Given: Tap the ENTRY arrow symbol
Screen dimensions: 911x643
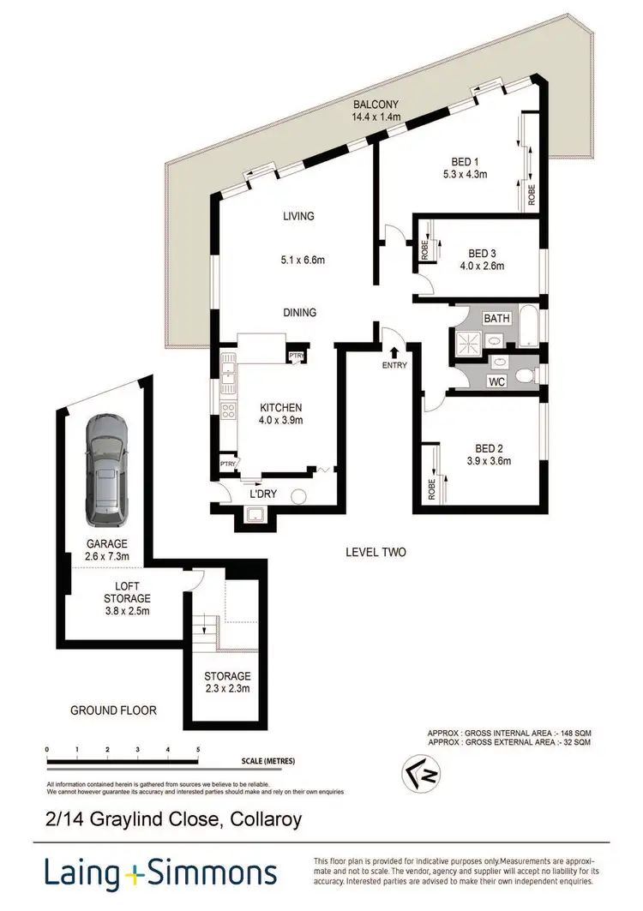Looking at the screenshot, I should click(394, 350).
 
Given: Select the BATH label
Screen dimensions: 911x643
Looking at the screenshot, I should click(497, 318).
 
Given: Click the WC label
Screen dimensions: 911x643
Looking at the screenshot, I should click(496, 380).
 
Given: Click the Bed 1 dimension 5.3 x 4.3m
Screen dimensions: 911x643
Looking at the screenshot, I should click(469, 174).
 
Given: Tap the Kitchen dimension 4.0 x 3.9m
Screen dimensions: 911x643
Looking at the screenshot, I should click(281, 420).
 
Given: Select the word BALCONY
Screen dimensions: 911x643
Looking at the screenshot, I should click(375, 107).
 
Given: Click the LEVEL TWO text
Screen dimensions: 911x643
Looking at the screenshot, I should click(376, 552).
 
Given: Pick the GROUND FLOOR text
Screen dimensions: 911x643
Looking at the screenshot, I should click(114, 710).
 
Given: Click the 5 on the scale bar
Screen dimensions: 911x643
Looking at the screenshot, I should click(198, 749).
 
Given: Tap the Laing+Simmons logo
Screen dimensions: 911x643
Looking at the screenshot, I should click(160, 873).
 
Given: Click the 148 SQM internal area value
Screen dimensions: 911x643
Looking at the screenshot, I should click(576, 734).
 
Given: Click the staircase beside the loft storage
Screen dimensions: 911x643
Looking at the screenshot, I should click(204, 634).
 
